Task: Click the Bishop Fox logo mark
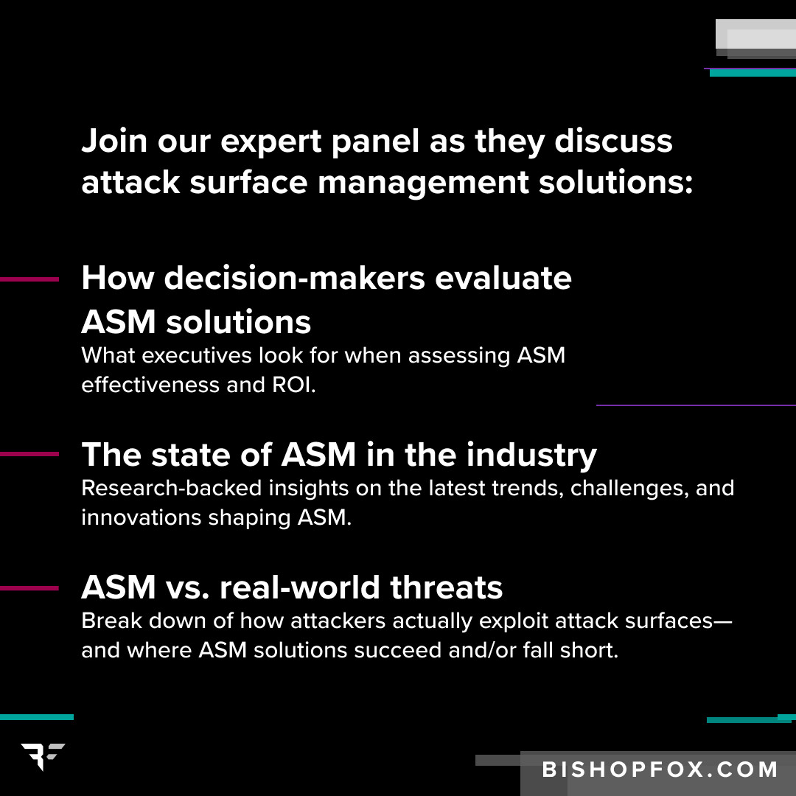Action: coord(43,756)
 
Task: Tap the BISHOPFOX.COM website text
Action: coord(660,769)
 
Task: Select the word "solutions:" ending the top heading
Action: coord(615,183)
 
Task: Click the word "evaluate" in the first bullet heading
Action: coord(503,279)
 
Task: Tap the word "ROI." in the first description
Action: coord(294,385)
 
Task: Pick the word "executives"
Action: coord(197,355)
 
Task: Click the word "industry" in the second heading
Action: coord(531,455)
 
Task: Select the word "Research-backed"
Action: coord(172,488)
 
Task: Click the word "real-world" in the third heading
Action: coord(299,587)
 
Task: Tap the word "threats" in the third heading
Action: coord(446,587)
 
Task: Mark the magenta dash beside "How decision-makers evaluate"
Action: coord(29,279)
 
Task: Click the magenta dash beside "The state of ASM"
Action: coord(29,454)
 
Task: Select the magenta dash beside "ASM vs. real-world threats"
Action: coord(29,588)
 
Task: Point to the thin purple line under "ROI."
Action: coord(696,405)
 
